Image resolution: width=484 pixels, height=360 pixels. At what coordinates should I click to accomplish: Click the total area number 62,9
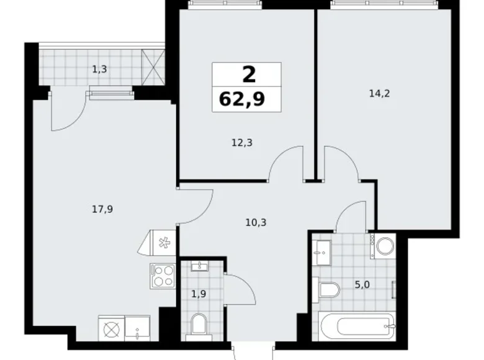(242, 99)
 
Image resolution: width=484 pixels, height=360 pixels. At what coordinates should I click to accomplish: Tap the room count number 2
(249, 74)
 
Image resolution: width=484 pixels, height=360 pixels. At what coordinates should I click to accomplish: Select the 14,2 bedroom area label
(379, 93)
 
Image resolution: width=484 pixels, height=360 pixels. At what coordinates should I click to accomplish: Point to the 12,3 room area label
(242, 143)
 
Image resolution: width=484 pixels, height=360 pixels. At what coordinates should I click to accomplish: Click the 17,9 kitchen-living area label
(102, 210)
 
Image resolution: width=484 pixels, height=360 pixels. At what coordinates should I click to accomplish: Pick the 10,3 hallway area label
(256, 222)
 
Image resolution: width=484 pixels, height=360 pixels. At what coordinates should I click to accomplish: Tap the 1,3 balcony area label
(99, 69)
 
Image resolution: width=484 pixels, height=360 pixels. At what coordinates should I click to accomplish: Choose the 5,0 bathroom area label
(362, 285)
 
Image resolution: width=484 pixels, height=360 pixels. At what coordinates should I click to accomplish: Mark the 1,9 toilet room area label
(199, 294)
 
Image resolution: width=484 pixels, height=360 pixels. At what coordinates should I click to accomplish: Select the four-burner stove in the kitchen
(163, 276)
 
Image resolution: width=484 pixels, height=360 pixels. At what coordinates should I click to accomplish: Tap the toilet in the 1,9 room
(198, 326)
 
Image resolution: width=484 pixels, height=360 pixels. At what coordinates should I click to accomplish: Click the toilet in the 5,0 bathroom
(326, 290)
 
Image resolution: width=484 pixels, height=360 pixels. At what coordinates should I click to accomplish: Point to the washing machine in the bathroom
(383, 246)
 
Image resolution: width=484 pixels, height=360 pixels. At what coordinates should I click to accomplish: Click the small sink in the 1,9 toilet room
(199, 266)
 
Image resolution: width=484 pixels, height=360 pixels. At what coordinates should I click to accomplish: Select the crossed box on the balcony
(153, 67)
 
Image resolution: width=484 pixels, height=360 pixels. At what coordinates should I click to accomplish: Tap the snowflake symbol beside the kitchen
(164, 243)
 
